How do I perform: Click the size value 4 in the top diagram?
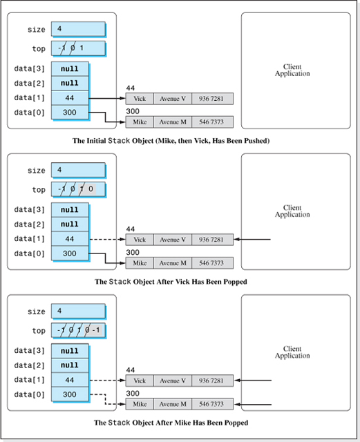77,30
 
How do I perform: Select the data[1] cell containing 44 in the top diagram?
69,98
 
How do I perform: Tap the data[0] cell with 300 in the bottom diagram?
69,394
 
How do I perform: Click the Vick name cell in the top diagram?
139,99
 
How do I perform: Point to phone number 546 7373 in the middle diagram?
211,263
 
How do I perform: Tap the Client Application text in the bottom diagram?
292,352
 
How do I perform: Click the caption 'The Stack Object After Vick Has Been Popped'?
171,282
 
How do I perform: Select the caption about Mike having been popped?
171,422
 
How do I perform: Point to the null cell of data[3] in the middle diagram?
69,210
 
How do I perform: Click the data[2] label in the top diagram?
29,84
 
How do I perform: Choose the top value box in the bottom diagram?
77,331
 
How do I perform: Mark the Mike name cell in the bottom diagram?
139,404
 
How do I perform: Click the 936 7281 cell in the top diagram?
211,99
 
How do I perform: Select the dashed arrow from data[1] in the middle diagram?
107,240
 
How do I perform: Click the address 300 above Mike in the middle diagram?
133,253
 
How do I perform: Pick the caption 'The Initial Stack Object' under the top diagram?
171,141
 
